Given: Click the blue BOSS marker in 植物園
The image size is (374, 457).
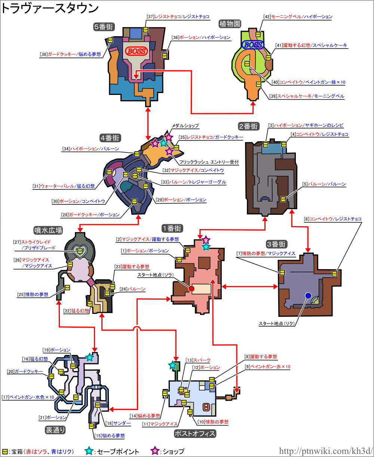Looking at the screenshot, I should tap(253, 45).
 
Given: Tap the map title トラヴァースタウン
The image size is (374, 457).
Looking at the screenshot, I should tap(50, 9).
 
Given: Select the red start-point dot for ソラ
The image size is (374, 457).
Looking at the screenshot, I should tap(191, 289).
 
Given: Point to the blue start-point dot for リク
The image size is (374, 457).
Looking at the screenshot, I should tap(308, 296).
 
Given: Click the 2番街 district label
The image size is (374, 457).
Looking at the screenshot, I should tap(248, 126).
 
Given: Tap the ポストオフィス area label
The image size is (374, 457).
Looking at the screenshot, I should tap(195, 433).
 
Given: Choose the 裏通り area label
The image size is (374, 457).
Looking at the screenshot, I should tap(55, 430).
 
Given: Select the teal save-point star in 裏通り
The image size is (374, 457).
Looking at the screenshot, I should tap(90, 357).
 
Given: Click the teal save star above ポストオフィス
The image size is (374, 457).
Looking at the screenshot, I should tap(172, 365).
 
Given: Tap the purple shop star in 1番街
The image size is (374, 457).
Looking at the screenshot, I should tap(205, 239).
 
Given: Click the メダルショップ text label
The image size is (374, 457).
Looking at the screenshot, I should tap(185, 126).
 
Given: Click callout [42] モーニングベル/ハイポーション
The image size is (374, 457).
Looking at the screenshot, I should tap(297, 17).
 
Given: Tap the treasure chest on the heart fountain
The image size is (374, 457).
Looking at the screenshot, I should tap(80, 252).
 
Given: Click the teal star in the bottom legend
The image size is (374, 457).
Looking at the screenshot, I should tap(89, 451).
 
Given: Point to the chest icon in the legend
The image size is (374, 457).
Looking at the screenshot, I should tap(5, 451).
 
